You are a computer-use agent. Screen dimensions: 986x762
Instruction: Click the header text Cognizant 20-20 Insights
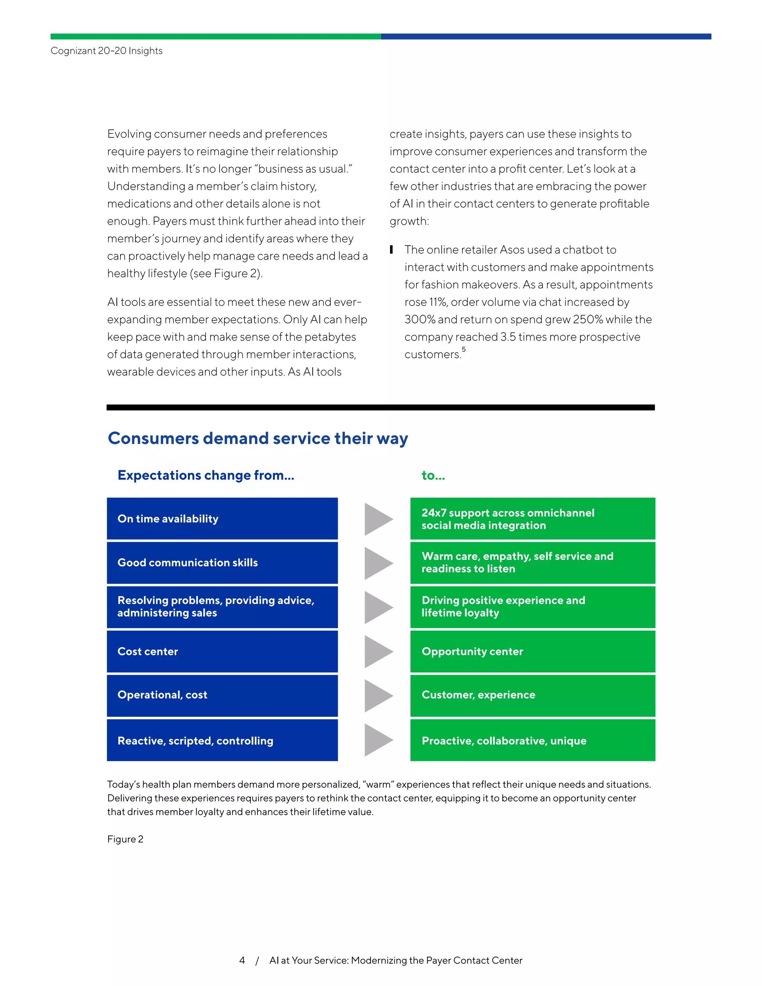106,51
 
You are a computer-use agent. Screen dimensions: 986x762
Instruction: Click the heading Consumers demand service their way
258,438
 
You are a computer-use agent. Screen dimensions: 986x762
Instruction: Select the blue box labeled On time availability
222,519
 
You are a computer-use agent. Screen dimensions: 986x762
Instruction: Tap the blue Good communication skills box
222,563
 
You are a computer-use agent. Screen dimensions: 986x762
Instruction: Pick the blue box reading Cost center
222,652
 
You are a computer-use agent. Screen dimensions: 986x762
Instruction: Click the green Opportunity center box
533,652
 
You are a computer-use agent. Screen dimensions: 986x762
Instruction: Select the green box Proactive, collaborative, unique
533,740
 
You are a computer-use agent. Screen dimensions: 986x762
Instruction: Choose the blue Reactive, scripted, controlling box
222,740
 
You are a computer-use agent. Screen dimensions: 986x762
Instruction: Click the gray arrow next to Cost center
378,652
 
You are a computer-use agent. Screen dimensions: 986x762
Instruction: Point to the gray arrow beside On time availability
378,519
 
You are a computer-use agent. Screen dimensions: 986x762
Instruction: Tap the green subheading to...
433,476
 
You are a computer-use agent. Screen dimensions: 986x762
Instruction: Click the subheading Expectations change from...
206,476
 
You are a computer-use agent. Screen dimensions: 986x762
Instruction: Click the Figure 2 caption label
125,839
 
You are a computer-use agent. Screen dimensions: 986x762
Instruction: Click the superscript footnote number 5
464,349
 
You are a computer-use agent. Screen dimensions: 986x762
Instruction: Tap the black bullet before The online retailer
392,249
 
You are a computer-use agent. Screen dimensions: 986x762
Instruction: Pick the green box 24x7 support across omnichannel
533,519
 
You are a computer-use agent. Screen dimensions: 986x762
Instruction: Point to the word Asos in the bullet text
512,250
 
